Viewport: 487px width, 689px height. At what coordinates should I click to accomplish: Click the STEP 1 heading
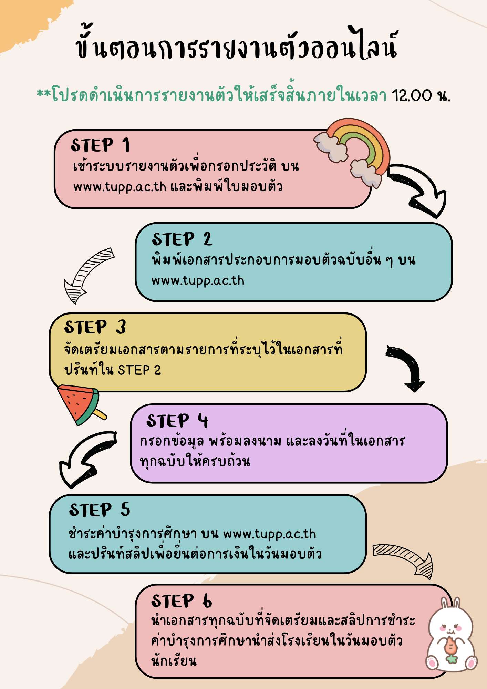(x=101, y=145)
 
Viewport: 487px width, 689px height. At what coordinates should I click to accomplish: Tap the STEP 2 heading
(x=182, y=239)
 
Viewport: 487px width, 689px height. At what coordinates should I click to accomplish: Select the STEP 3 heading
(x=95, y=327)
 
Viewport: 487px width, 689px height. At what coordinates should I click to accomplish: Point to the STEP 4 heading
(x=177, y=421)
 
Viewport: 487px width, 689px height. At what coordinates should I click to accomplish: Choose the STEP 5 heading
(x=100, y=510)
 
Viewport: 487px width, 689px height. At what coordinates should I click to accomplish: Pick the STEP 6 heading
(x=182, y=601)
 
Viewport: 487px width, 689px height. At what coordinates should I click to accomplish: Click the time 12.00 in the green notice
(x=412, y=95)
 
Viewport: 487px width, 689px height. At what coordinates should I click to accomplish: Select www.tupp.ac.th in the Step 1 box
(x=120, y=187)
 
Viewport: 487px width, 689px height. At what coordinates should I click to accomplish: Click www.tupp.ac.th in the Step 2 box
(x=198, y=281)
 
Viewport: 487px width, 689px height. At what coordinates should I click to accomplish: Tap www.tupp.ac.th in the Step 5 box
(x=270, y=534)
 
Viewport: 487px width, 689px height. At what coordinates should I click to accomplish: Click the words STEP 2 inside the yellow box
(x=139, y=370)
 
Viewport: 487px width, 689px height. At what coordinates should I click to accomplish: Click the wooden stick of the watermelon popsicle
(x=100, y=414)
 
